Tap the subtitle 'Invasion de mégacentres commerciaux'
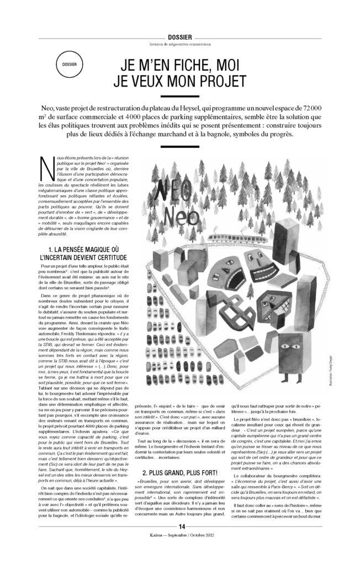coord(181,44)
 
